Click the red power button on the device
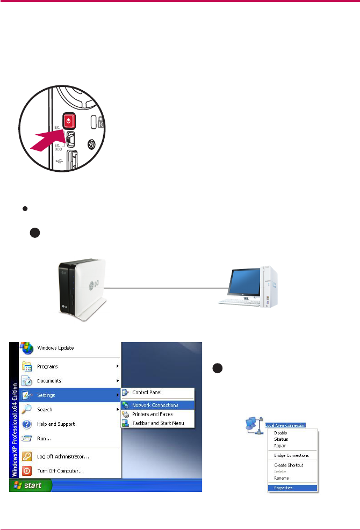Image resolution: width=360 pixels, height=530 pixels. pyautogui.click(x=68, y=120)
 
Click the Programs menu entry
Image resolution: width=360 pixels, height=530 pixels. pyautogui.click(x=48, y=367)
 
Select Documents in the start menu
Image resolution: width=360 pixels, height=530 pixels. pyautogui.click(x=49, y=381)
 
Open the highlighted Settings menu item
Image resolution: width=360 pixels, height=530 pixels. pyautogui.click(x=46, y=395)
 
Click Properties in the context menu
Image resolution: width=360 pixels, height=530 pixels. pyautogui.click(x=283, y=488)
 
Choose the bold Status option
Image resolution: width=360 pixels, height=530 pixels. pyautogui.click(x=281, y=439)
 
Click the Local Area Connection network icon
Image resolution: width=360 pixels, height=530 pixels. pyautogui.click(x=251, y=424)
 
